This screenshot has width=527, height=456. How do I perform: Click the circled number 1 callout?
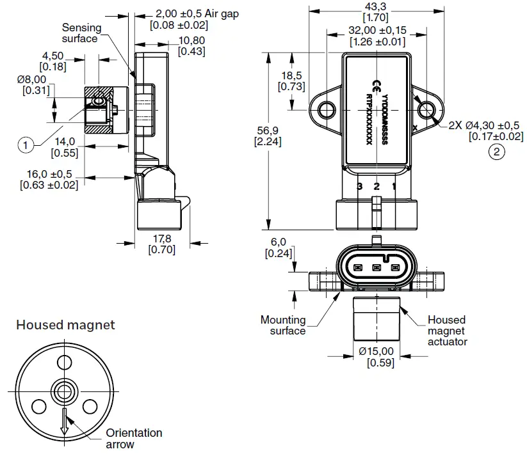24,145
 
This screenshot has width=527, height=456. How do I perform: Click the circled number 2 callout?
496,152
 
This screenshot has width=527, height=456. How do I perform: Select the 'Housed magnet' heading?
65,325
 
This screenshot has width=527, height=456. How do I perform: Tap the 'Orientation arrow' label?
134,439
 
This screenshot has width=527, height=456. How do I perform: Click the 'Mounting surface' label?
283,325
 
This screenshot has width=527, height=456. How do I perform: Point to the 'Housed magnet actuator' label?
447,330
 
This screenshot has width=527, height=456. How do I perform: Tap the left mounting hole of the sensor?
327,110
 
